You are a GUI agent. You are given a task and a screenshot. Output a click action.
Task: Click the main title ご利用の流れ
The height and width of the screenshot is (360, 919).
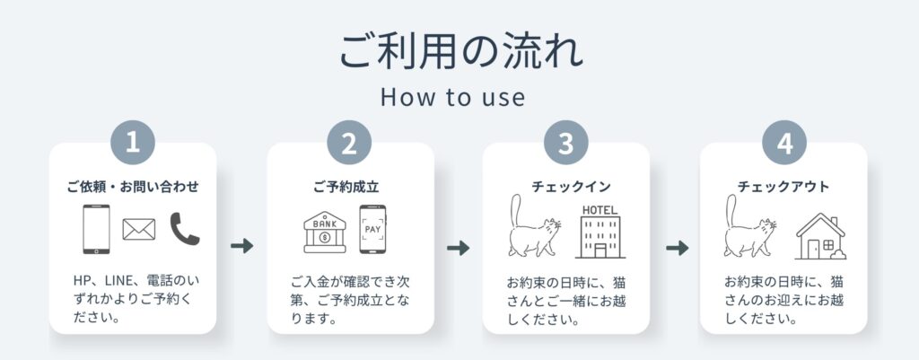click(461, 51)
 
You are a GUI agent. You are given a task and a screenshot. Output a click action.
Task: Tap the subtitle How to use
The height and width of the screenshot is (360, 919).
click(452, 97)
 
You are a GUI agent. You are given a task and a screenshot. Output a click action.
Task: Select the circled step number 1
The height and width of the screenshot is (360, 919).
click(133, 143)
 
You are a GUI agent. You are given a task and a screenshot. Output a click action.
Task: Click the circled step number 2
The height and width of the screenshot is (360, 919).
click(349, 143)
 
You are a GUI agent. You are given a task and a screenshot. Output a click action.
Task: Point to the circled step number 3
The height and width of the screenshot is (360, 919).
click(565, 143)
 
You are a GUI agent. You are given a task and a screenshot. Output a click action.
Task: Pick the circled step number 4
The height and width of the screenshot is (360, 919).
click(784, 143)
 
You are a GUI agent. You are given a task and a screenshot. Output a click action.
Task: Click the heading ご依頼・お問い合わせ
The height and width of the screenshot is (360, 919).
click(133, 187)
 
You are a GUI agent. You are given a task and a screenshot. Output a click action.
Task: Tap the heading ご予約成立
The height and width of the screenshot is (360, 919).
click(346, 187)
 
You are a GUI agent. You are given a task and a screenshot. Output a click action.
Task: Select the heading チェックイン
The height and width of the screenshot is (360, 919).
click(571, 187)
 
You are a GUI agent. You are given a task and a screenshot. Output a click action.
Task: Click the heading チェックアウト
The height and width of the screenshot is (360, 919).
click(783, 187)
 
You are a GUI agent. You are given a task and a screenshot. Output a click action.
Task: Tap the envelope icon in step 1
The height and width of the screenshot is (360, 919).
click(139, 229)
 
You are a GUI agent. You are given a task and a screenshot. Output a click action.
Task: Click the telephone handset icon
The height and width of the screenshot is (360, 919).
click(185, 229)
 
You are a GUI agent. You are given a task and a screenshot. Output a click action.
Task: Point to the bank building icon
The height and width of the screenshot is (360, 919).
click(325, 233)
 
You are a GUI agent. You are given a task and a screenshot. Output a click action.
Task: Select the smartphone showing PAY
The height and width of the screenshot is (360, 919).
click(372, 229)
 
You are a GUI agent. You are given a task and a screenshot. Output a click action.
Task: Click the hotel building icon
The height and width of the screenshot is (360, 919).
click(600, 233)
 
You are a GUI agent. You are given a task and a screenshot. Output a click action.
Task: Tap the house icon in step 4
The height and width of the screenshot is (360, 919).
click(820, 236)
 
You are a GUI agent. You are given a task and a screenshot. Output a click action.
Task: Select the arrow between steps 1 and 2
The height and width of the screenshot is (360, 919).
click(242, 246)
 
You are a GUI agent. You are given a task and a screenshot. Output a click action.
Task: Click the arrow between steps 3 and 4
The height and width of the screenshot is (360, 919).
click(678, 248)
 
